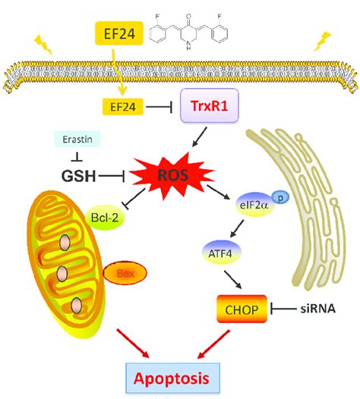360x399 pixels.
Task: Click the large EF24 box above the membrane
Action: coord(119,33)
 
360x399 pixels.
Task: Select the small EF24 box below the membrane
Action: coord(123,107)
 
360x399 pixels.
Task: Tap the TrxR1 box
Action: coord(210,105)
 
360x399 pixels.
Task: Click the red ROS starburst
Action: coord(172,175)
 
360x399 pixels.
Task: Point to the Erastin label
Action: coord(77,139)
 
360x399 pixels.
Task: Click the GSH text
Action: coord(78,176)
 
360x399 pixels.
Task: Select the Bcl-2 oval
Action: coord(105,218)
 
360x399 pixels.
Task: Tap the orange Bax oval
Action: coord(125,274)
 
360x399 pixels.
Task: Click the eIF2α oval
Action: coord(254,205)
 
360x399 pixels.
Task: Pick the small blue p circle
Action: coord(280,197)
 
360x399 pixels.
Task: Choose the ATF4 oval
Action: coord(220,253)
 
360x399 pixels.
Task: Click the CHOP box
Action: coord(242,309)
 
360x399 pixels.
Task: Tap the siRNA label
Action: coord(317,309)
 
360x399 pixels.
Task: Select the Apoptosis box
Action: coord(173,378)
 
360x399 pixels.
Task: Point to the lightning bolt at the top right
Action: coord(322,42)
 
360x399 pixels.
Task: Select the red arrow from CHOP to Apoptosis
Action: coord(213,345)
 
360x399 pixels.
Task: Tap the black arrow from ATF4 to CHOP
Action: coord(233,279)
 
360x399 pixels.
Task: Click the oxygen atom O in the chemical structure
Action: coord(188,17)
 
